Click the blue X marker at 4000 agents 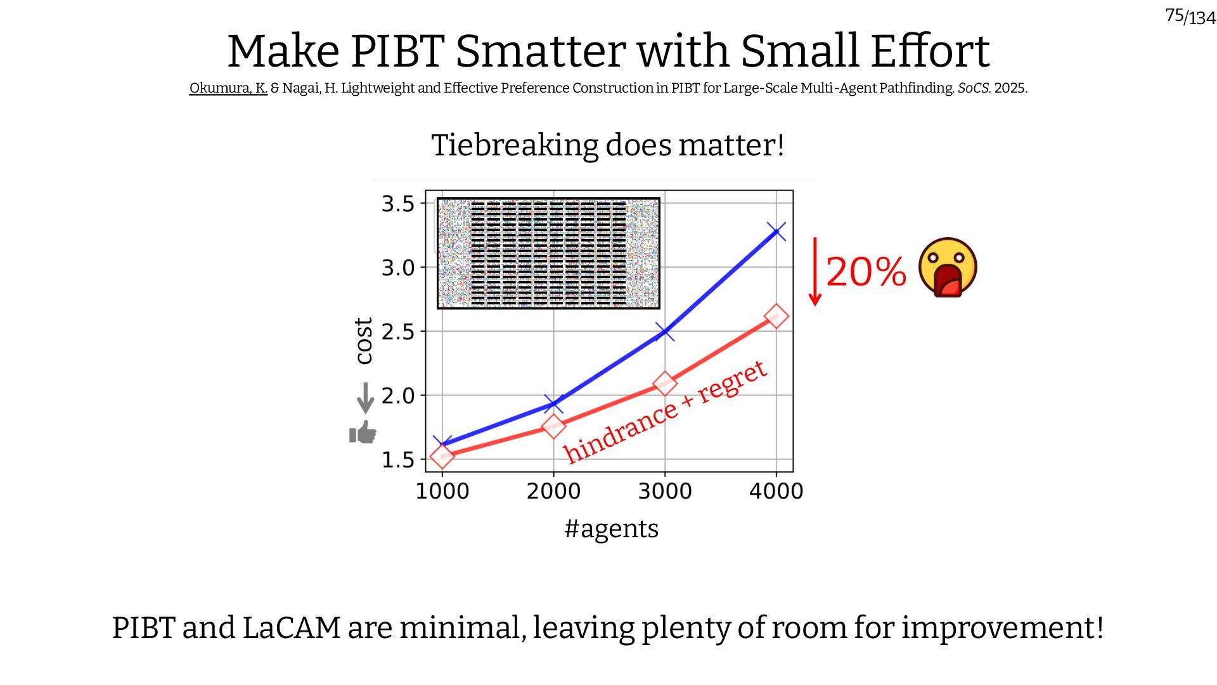coord(776,232)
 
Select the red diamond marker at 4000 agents coord(776,316)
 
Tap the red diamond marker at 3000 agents coord(665,383)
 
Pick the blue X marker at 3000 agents coord(665,331)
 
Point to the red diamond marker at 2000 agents coord(553,426)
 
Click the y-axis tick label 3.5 coord(397,204)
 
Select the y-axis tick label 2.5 coord(397,332)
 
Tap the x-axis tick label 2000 coord(553,492)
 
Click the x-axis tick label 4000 coord(776,492)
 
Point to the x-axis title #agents coord(612,528)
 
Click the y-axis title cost coord(363,341)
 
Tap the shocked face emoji coord(948,268)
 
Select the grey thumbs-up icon coord(363,433)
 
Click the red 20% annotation coord(866,272)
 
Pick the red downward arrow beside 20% coord(815,271)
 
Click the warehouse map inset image coord(548,254)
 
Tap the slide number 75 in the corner coord(1175,15)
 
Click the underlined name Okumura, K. coord(228,88)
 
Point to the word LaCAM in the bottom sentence coord(292,628)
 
